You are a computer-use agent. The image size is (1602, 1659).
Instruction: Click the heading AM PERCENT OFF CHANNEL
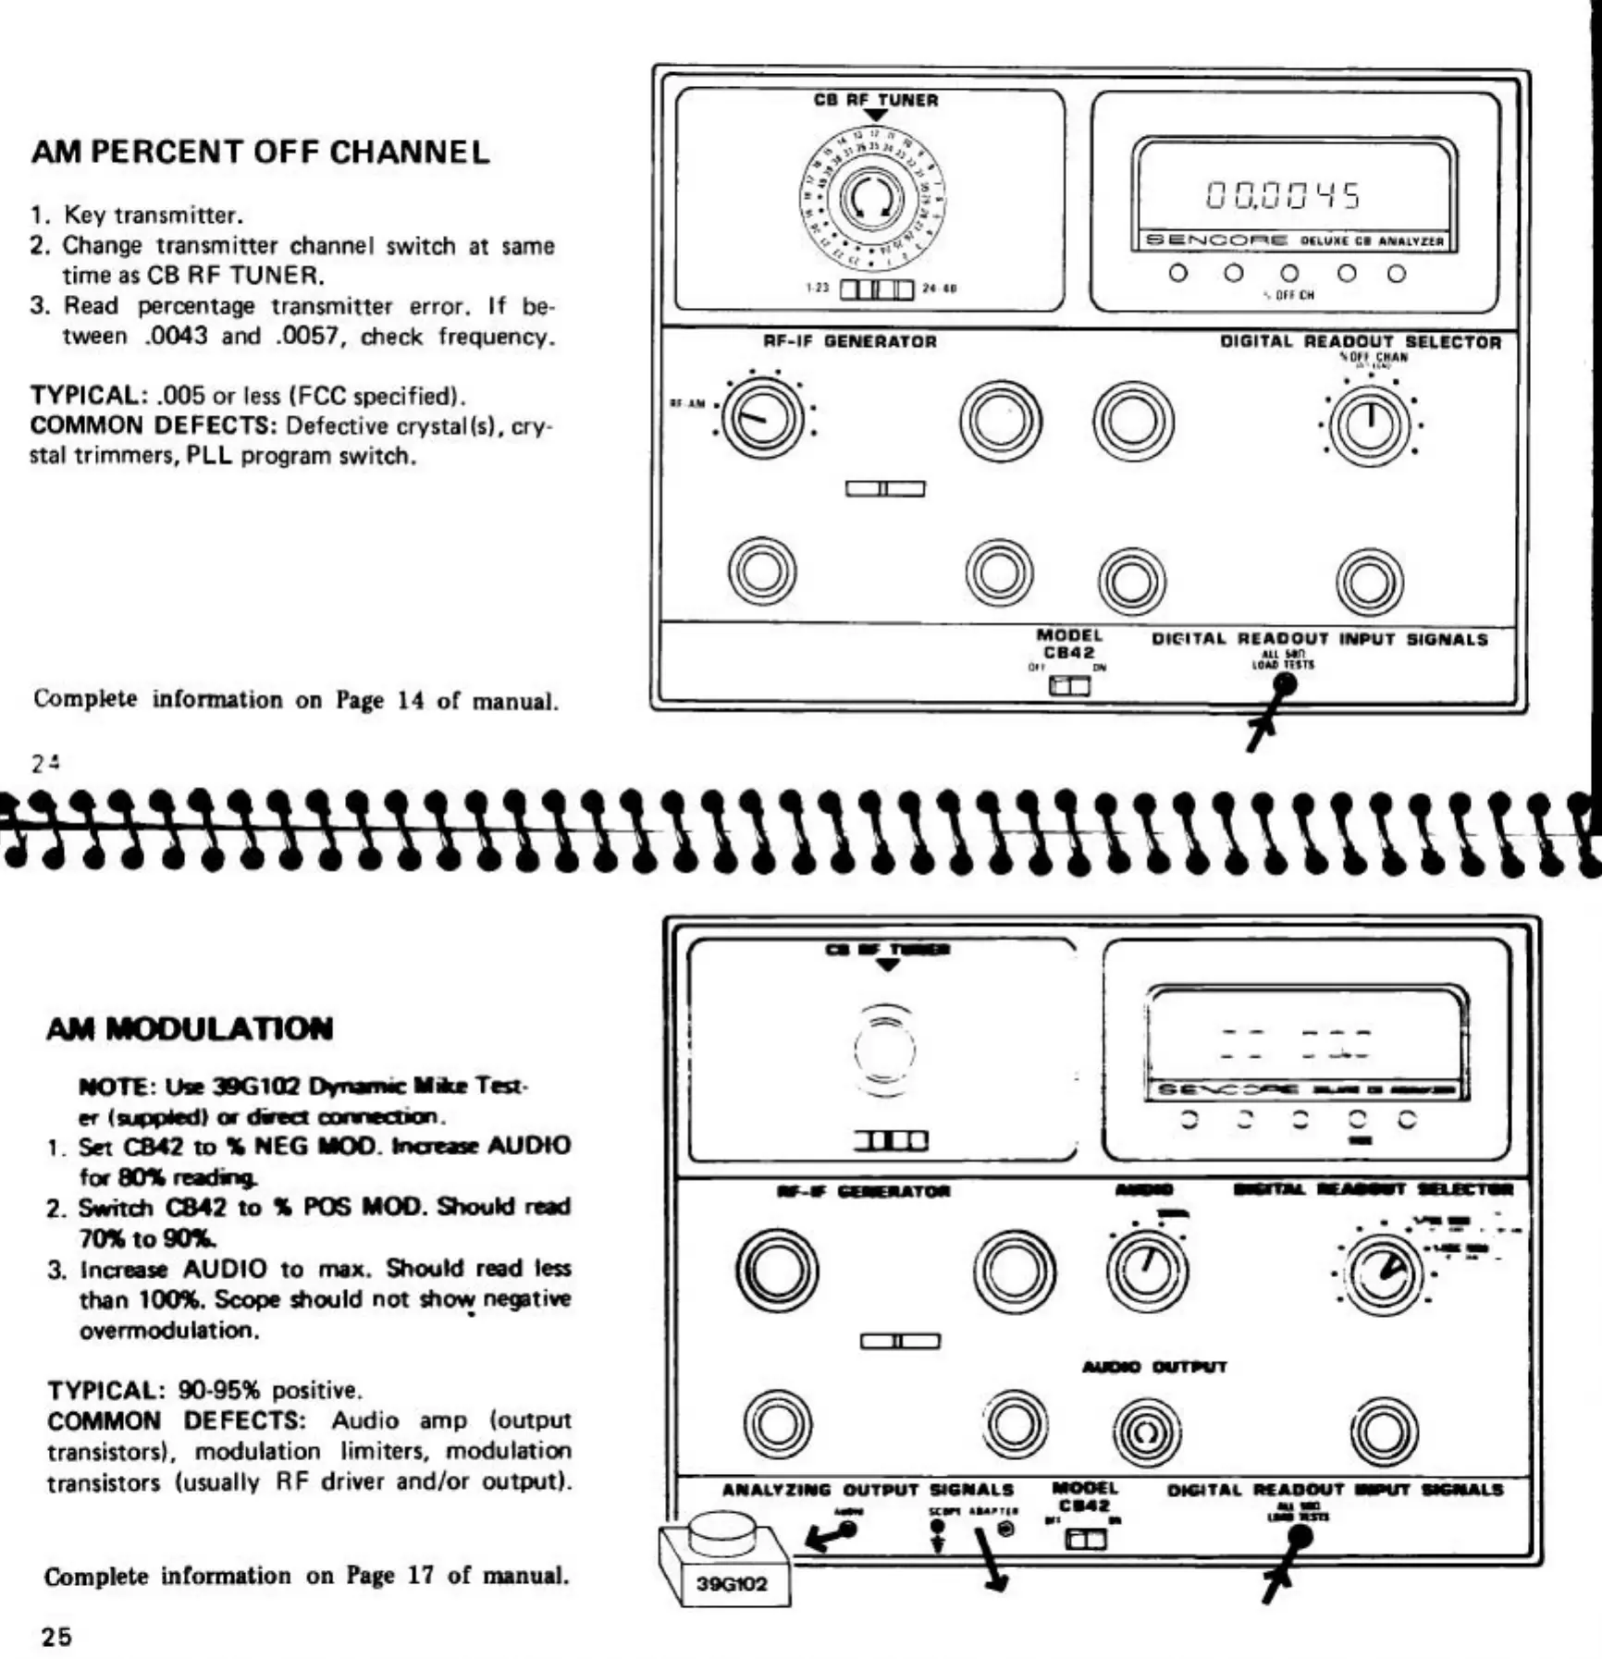[260, 153]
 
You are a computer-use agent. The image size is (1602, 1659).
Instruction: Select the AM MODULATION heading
[190, 1028]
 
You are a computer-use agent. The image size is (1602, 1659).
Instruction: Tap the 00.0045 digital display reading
[1283, 196]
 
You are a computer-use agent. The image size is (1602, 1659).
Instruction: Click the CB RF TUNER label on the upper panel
[875, 100]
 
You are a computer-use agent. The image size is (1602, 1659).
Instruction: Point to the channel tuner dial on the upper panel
[871, 197]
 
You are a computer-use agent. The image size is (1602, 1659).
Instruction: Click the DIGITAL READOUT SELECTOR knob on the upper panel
[1370, 424]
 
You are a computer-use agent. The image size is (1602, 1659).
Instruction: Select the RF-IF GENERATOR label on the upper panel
[849, 341]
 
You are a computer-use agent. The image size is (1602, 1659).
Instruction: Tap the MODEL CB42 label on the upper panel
[1069, 644]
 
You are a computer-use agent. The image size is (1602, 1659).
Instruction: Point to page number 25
[56, 1636]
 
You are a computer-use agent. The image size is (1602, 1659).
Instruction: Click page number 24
[45, 763]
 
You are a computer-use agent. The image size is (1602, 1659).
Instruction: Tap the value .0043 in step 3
[176, 336]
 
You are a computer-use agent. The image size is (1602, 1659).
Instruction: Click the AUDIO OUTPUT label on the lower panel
[1153, 1367]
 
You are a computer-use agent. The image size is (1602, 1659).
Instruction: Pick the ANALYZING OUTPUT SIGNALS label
[867, 1490]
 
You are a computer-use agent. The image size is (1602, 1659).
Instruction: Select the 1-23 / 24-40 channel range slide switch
[876, 289]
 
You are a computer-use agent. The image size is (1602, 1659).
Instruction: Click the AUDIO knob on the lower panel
[1147, 1270]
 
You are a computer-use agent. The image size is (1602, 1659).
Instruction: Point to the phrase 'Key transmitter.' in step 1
[154, 215]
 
